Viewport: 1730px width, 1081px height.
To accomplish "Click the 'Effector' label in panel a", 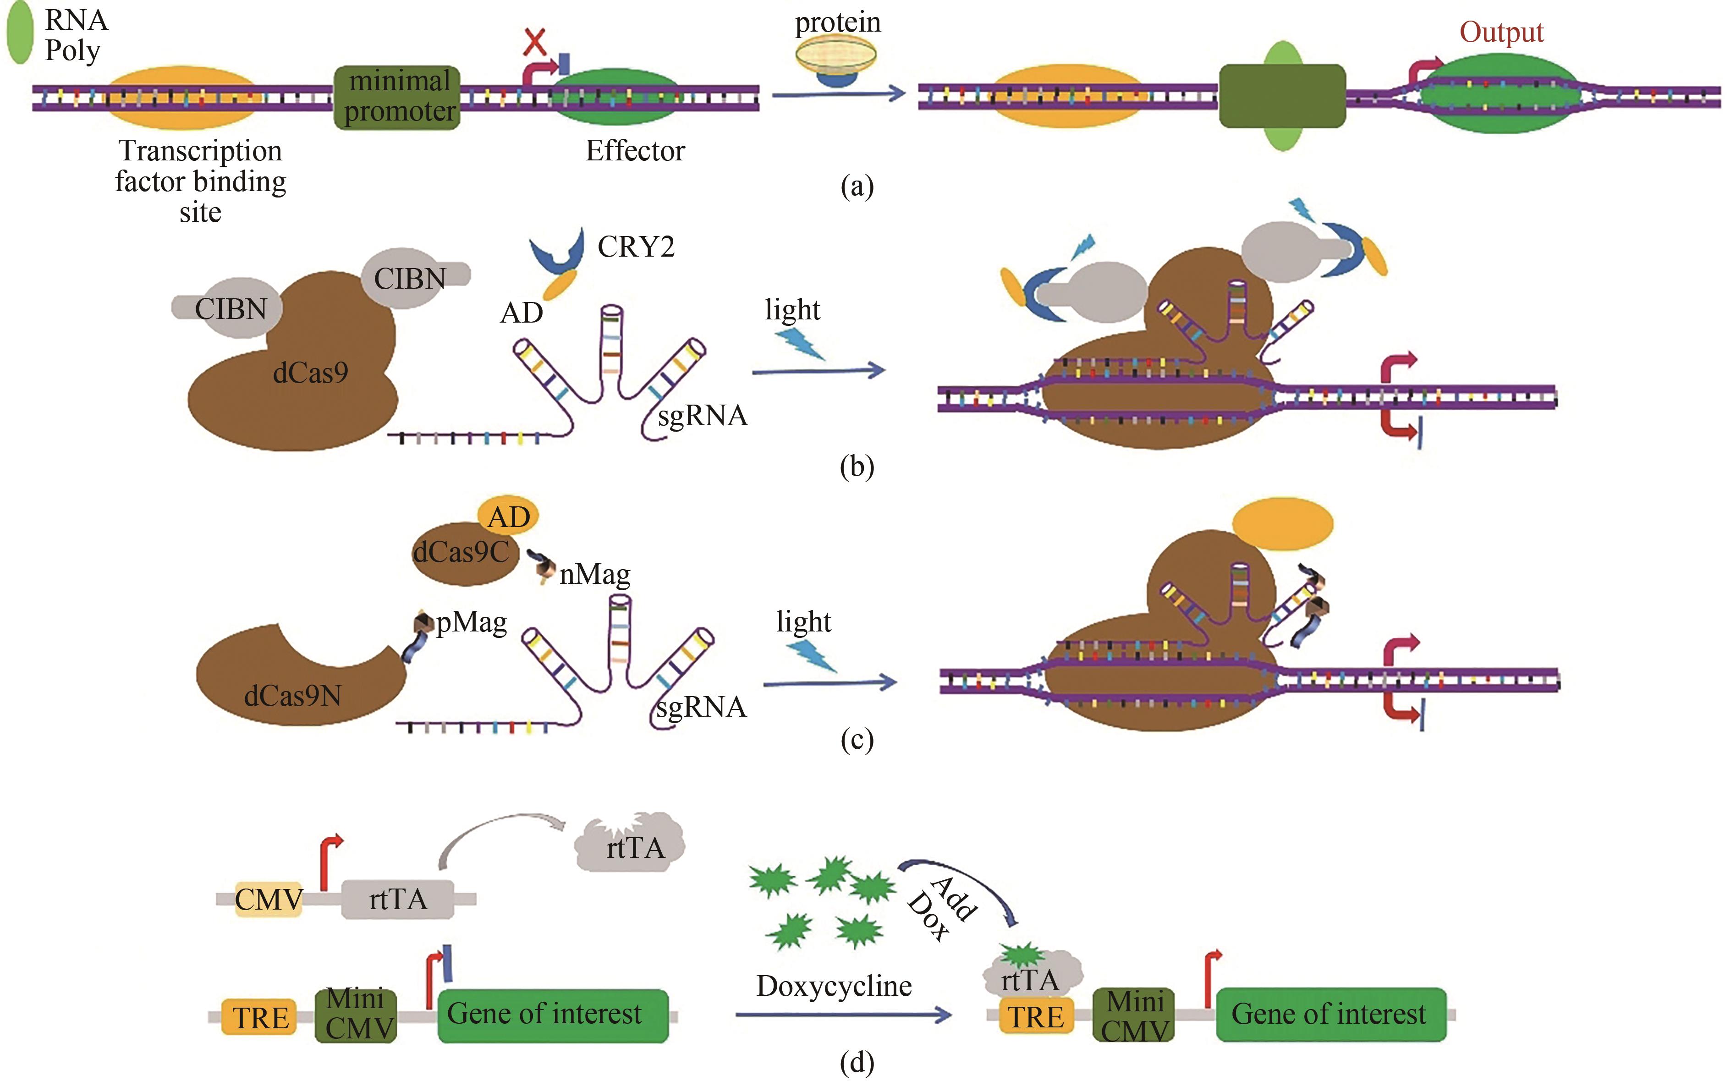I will click(635, 151).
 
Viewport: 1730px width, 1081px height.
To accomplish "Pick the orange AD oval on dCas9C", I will click(508, 516).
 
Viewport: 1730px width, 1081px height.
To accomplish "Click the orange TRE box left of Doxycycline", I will click(259, 1017).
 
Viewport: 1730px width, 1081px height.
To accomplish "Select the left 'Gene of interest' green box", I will click(553, 1015).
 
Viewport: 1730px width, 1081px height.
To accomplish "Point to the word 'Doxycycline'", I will click(834, 986).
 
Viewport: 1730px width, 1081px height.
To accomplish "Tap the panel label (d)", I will click(857, 1063).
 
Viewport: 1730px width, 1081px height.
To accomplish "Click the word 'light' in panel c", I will click(803, 622).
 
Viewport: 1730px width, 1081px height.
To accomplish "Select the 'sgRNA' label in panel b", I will click(702, 415).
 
